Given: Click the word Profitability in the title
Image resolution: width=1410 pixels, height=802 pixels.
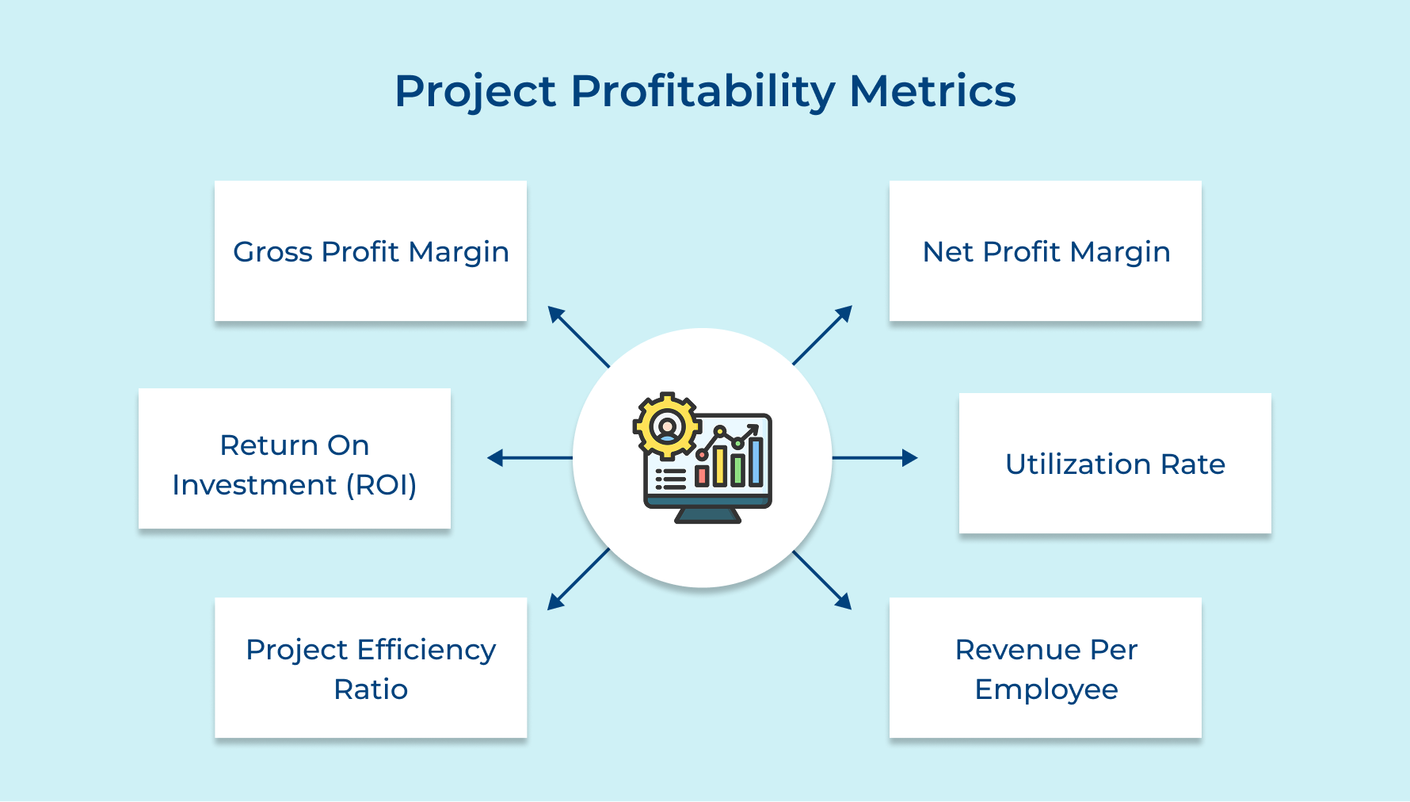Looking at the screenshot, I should (702, 91).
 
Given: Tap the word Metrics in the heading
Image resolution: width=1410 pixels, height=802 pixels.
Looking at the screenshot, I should (932, 91).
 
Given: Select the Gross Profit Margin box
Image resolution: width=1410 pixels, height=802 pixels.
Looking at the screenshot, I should (371, 251).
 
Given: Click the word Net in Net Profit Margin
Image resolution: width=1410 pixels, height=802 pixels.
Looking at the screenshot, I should (947, 252).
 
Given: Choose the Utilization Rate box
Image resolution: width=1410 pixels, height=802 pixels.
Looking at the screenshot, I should (1115, 464).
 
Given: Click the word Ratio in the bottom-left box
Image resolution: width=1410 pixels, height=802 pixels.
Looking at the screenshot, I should (371, 689).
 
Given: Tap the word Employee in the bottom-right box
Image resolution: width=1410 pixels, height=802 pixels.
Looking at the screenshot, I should (1046, 689).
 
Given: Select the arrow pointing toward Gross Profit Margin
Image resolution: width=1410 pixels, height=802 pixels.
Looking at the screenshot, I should (578, 337).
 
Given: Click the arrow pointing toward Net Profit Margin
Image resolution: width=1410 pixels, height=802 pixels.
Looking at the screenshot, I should (822, 335).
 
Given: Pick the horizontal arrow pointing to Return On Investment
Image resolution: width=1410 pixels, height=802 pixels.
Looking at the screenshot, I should (529, 457).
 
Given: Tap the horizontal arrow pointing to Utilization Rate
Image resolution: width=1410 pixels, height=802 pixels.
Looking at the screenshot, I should (875, 457).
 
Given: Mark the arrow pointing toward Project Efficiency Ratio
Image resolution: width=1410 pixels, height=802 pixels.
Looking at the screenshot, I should (578, 579).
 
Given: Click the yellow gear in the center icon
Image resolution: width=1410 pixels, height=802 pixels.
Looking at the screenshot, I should (667, 426).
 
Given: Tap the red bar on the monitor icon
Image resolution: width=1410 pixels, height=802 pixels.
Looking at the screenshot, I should (701, 475).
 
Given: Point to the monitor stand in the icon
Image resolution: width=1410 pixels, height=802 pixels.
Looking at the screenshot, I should (707, 516).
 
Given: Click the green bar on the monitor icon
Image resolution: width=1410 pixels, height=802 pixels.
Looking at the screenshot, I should (737, 470).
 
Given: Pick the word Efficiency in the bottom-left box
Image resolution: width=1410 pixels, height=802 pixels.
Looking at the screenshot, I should (426, 650).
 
